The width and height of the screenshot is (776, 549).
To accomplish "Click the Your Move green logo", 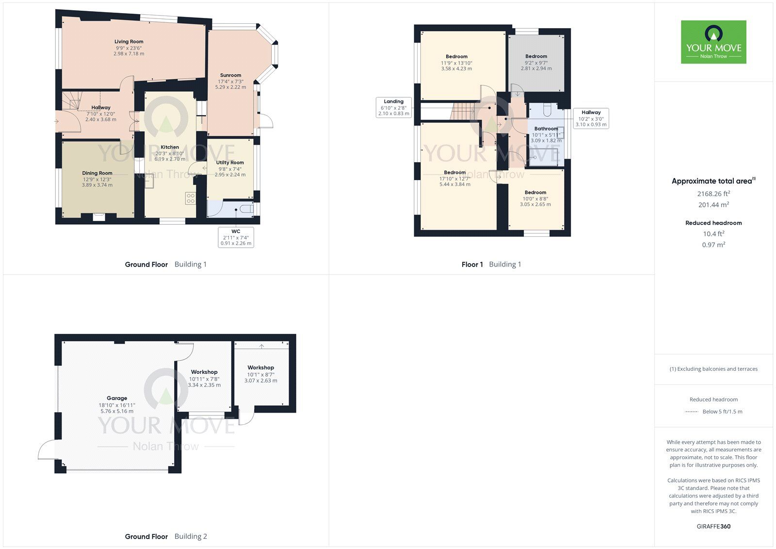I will (x=713, y=42).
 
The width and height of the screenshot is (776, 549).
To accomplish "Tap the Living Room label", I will (x=129, y=42).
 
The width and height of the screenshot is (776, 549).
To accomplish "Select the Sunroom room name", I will (x=230, y=75).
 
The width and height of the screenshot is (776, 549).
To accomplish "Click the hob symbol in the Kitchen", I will (x=190, y=198).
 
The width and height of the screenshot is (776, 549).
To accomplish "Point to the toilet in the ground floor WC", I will (x=247, y=209).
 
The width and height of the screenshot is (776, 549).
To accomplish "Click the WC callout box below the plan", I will (x=236, y=237).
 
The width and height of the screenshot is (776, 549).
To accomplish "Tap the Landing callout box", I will (x=394, y=107).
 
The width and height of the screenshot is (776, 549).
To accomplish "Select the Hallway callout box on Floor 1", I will (x=591, y=118).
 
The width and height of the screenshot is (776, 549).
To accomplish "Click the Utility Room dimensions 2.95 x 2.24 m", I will (x=230, y=175).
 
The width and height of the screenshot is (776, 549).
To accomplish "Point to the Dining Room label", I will (x=97, y=173).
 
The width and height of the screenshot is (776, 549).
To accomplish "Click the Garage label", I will (x=117, y=398).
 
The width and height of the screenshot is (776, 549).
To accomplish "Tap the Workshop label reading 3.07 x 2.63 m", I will (x=261, y=381).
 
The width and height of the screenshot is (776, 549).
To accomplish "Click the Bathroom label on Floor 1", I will (x=546, y=129).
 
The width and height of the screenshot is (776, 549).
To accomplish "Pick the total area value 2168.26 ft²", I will (x=713, y=194).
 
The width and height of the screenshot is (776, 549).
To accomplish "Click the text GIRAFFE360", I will (x=713, y=526).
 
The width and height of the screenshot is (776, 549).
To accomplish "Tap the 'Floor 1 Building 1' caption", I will (x=491, y=265).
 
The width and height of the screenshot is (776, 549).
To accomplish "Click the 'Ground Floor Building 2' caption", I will (x=166, y=536).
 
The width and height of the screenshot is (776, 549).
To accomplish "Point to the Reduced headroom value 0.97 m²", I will (x=713, y=245).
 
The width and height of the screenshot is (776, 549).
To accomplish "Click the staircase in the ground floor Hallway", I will (x=72, y=100).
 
